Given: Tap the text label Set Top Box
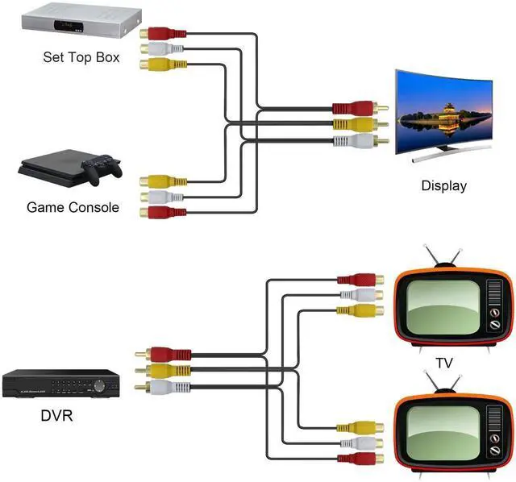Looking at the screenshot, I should click(x=81, y=57).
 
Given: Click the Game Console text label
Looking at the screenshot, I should click(x=73, y=207).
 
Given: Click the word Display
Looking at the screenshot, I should click(x=443, y=185).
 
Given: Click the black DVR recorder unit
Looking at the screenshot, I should click(x=60, y=384).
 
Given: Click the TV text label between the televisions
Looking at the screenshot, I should click(x=443, y=363).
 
